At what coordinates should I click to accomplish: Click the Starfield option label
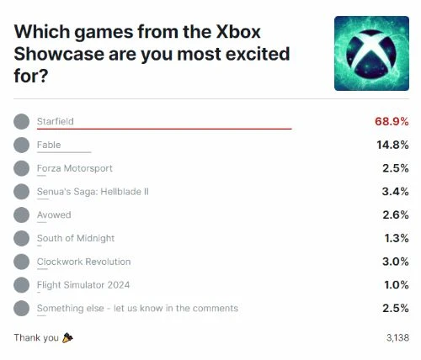click(x=56, y=121)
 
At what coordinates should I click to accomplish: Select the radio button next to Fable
click(x=21, y=145)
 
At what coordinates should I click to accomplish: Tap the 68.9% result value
click(x=391, y=121)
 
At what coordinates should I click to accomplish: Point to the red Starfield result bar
click(x=164, y=129)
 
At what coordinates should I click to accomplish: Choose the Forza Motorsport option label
click(x=74, y=168)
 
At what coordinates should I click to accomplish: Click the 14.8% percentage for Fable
click(x=392, y=145)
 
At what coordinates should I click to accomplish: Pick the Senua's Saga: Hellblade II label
click(x=93, y=192)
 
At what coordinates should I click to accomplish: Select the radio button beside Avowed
click(x=21, y=215)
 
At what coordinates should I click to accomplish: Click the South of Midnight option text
click(x=76, y=238)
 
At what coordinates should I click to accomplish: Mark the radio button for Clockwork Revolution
click(x=21, y=262)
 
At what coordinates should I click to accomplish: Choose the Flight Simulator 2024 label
click(x=83, y=285)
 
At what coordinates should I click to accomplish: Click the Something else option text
click(x=137, y=309)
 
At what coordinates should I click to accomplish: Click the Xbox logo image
click(x=371, y=53)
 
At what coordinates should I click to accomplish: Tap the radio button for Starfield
click(x=21, y=121)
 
